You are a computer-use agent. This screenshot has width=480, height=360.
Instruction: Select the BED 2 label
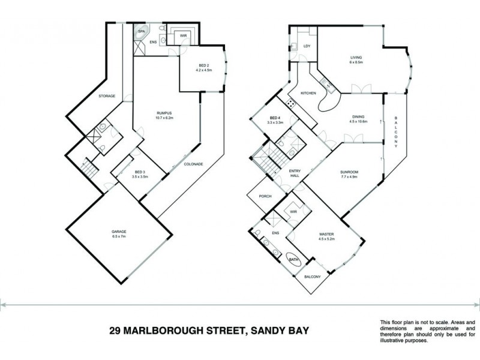click(x=204, y=65)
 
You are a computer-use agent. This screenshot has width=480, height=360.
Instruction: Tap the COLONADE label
click(x=193, y=164)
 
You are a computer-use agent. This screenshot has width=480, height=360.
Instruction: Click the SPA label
click(x=142, y=30)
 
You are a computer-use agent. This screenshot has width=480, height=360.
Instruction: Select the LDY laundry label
click(x=307, y=46)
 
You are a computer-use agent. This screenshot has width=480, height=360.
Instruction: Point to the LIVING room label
click(x=356, y=58)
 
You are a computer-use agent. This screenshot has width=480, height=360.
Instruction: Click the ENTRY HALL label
click(x=294, y=173)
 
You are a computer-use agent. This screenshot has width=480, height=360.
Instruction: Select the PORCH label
click(x=265, y=196)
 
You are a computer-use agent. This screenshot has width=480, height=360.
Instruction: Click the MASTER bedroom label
click(x=326, y=235)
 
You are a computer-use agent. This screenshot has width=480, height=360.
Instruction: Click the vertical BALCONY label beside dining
click(x=396, y=132)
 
